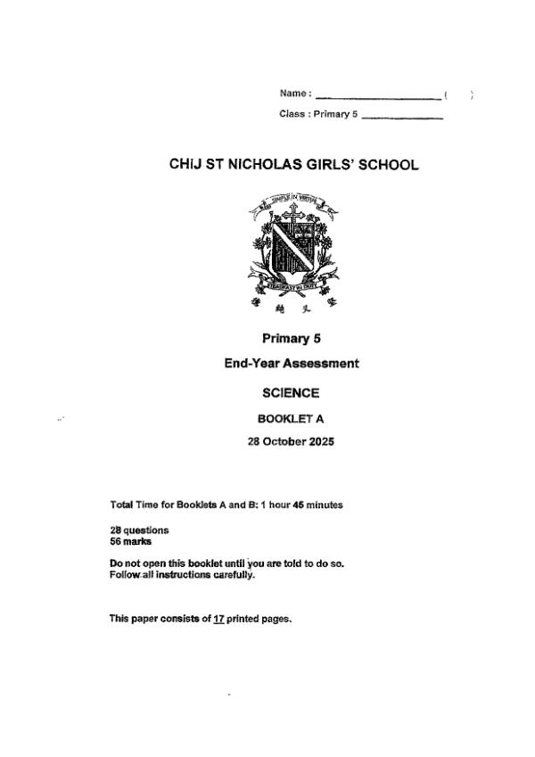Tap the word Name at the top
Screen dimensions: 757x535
[x=293, y=93]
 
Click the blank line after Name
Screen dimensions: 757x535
[x=378, y=96]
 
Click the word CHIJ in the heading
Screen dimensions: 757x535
[x=185, y=165]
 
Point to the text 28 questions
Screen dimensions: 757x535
[x=139, y=531]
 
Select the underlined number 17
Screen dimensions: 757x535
[x=218, y=618]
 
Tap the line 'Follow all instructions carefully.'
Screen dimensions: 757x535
[x=182, y=574]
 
